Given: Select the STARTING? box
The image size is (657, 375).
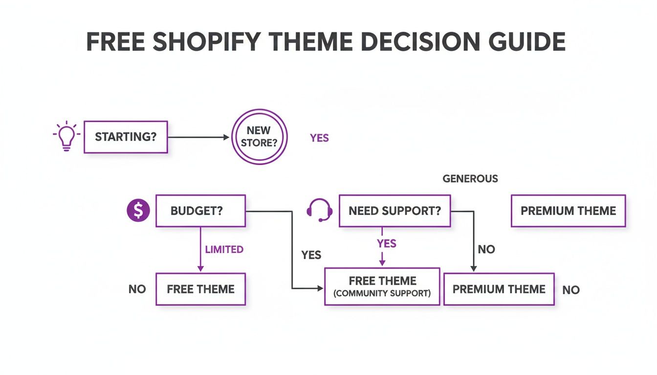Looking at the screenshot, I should pos(126,137).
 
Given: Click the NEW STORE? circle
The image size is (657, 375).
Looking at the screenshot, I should pos(259,137).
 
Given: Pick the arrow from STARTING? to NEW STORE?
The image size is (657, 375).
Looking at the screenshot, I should pos(198,137).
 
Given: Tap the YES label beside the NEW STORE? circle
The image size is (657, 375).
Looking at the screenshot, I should pos(319,138).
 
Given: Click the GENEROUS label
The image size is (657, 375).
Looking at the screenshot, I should pos(470,179).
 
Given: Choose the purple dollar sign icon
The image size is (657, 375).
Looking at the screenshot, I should pos(138,210).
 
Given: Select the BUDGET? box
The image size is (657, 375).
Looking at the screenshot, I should pos(200,211).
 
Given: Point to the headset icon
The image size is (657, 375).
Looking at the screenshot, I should pos(319,210).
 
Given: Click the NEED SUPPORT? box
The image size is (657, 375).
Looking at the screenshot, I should pos(394,211).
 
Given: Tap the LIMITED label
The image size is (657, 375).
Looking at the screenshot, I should pos(224,250).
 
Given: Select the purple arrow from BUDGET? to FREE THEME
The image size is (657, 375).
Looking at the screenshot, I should pos(200,249).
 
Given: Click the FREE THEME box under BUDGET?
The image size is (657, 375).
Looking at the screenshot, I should pos(200,289).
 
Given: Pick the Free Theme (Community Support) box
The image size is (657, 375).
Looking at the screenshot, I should pos(382,287).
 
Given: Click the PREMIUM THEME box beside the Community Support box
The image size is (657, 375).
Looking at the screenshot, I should pos(499,289).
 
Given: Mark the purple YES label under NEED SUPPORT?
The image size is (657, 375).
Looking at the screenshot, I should pos(387,243).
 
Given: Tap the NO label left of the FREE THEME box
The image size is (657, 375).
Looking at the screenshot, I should pos(137,289).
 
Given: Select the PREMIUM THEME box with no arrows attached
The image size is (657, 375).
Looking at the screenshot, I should pos(568,211).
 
